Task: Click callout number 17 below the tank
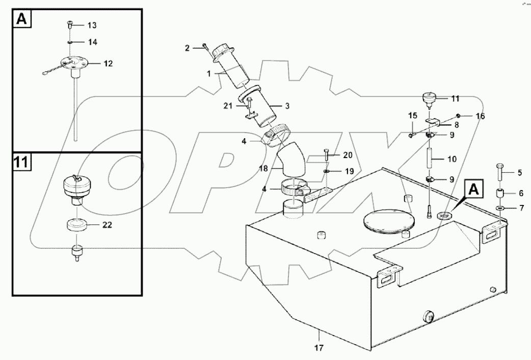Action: tap(318, 348)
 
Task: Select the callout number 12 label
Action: tap(108, 64)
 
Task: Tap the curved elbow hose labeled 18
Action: tap(290, 162)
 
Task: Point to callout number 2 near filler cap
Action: tap(187, 48)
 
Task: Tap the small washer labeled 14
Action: tap(71, 42)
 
